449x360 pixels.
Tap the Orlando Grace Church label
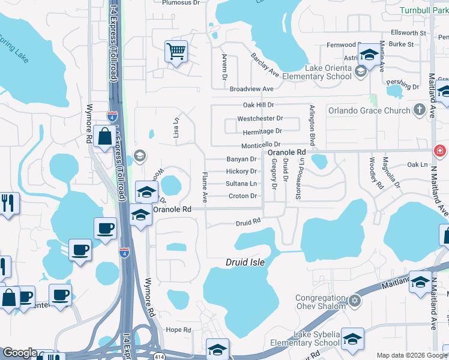pos(369,110)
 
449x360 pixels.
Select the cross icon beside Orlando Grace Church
pos(420,110)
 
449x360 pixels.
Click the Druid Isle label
pos(245,262)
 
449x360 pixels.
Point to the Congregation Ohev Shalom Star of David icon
pos(354,301)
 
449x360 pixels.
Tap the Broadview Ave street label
pos(252,89)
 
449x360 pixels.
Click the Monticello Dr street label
pos(261,145)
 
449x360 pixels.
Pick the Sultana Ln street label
pos(241,184)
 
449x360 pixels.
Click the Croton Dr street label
pos(243,196)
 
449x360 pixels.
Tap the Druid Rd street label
pos(248,221)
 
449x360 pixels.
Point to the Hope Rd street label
pos(178,329)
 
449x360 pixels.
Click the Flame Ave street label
pos(205,186)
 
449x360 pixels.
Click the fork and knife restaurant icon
pos(8,202)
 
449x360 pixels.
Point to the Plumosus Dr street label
pos(181,2)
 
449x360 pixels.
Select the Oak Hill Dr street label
pos(258,105)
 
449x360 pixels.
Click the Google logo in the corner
pos(20,353)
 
